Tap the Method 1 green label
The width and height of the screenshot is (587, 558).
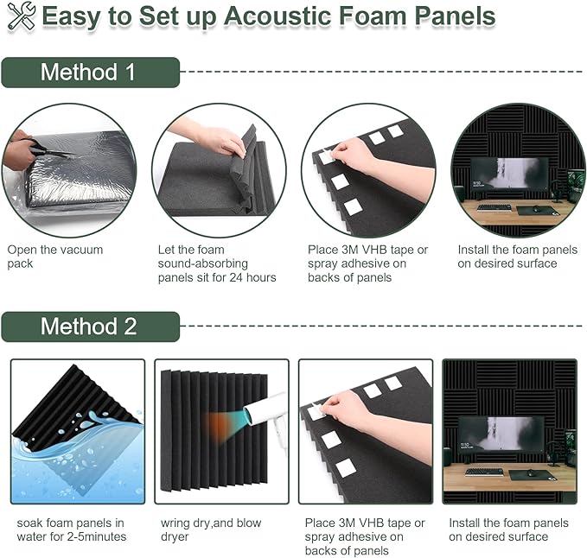(x=89, y=73)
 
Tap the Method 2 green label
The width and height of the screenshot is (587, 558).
(x=89, y=327)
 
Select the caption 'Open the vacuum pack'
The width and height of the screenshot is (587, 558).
(x=54, y=257)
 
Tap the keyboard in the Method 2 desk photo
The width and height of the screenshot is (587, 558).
(x=483, y=472)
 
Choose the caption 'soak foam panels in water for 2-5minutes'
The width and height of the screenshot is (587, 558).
(x=70, y=529)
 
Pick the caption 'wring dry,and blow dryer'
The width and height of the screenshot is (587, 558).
(x=210, y=529)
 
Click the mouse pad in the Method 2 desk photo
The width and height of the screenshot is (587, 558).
(x=527, y=474)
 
